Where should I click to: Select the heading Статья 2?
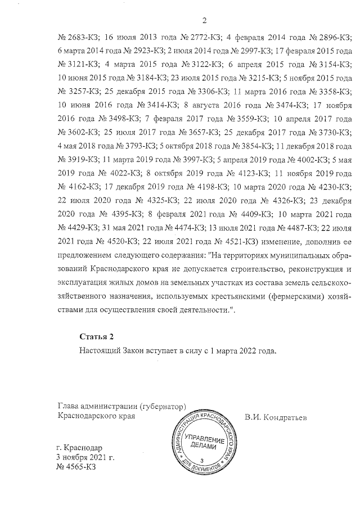(x=97, y=336)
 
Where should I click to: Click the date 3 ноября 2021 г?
(x=86, y=458)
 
